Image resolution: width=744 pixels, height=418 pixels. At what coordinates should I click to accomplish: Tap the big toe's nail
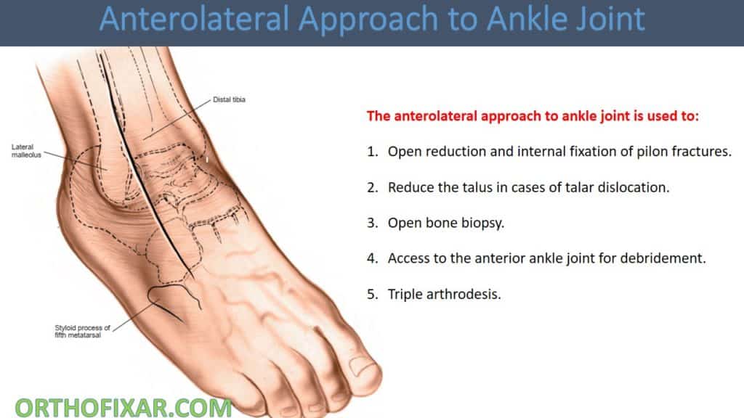click(367, 374)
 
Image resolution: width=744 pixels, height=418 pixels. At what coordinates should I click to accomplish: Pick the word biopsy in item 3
click(483, 223)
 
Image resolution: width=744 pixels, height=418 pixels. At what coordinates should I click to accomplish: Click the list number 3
click(371, 223)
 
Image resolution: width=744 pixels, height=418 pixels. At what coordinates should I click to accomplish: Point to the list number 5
click(371, 294)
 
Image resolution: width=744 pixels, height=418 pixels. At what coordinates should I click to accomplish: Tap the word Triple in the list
click(404, 294)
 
